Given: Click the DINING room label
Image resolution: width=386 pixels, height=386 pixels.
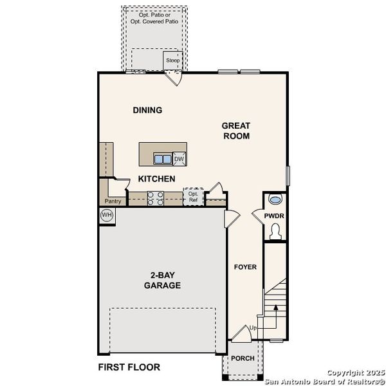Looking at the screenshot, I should tap(147, 110).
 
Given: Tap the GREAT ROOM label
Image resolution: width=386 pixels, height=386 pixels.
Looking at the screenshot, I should tap(236, 131).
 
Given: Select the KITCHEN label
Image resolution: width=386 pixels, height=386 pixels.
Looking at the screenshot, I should tap(156, 179).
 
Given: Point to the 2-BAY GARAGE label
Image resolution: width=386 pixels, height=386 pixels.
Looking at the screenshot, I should tap(162, 280).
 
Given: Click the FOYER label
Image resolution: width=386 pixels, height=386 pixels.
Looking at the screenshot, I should tap(245, 266).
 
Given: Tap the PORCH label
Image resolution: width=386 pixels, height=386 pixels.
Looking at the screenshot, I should tap(242, 358).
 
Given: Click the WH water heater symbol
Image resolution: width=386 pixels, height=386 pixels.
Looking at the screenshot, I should tap(107, 215).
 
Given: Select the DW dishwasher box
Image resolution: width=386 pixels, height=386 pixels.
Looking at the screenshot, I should tap(179, 159).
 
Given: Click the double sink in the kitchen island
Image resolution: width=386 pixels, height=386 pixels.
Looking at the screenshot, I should tap(162, 159).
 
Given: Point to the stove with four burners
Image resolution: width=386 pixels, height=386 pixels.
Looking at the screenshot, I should tap(156, 198).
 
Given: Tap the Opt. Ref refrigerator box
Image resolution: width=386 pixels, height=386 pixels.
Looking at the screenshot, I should tap(193, 196).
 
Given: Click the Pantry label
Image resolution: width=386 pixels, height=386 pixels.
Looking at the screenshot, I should tap(113, 201).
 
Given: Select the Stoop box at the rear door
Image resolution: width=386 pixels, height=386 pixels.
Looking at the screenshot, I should tap(172, 60).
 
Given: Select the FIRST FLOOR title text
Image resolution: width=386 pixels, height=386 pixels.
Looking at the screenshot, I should tap(129, 367).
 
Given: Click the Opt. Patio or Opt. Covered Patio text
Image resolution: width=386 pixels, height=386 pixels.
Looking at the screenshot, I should tap(154, 17).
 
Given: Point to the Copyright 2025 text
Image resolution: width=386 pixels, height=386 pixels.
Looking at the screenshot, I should tap(354, 372).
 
